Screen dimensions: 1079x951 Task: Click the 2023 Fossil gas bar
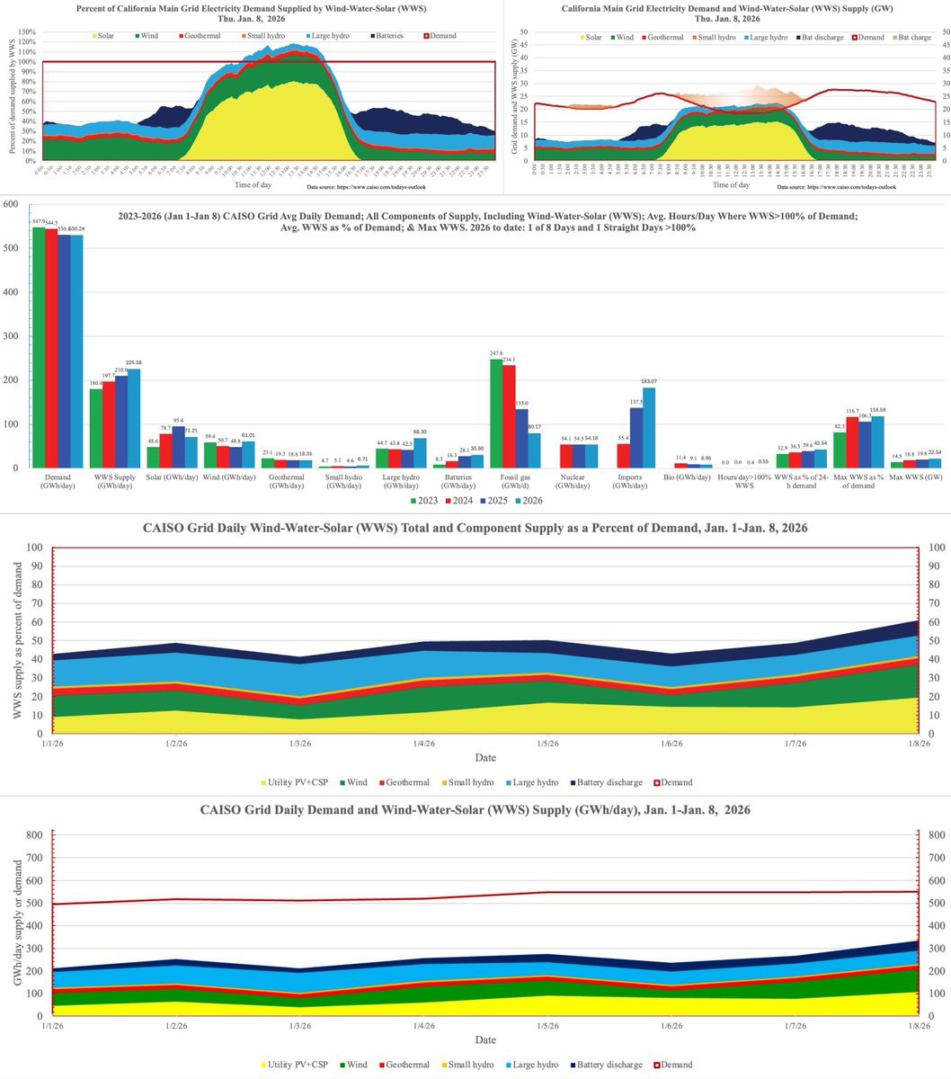point(496,414)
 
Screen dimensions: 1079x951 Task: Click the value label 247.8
point(496,353)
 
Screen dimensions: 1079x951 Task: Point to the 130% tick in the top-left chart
point(25,32)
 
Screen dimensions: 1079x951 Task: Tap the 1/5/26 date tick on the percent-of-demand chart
point(547,745)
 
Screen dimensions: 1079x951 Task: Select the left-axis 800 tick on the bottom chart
point(33,834)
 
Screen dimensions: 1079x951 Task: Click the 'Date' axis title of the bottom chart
point(485,1040)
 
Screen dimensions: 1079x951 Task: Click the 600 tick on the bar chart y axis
point(11,205)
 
